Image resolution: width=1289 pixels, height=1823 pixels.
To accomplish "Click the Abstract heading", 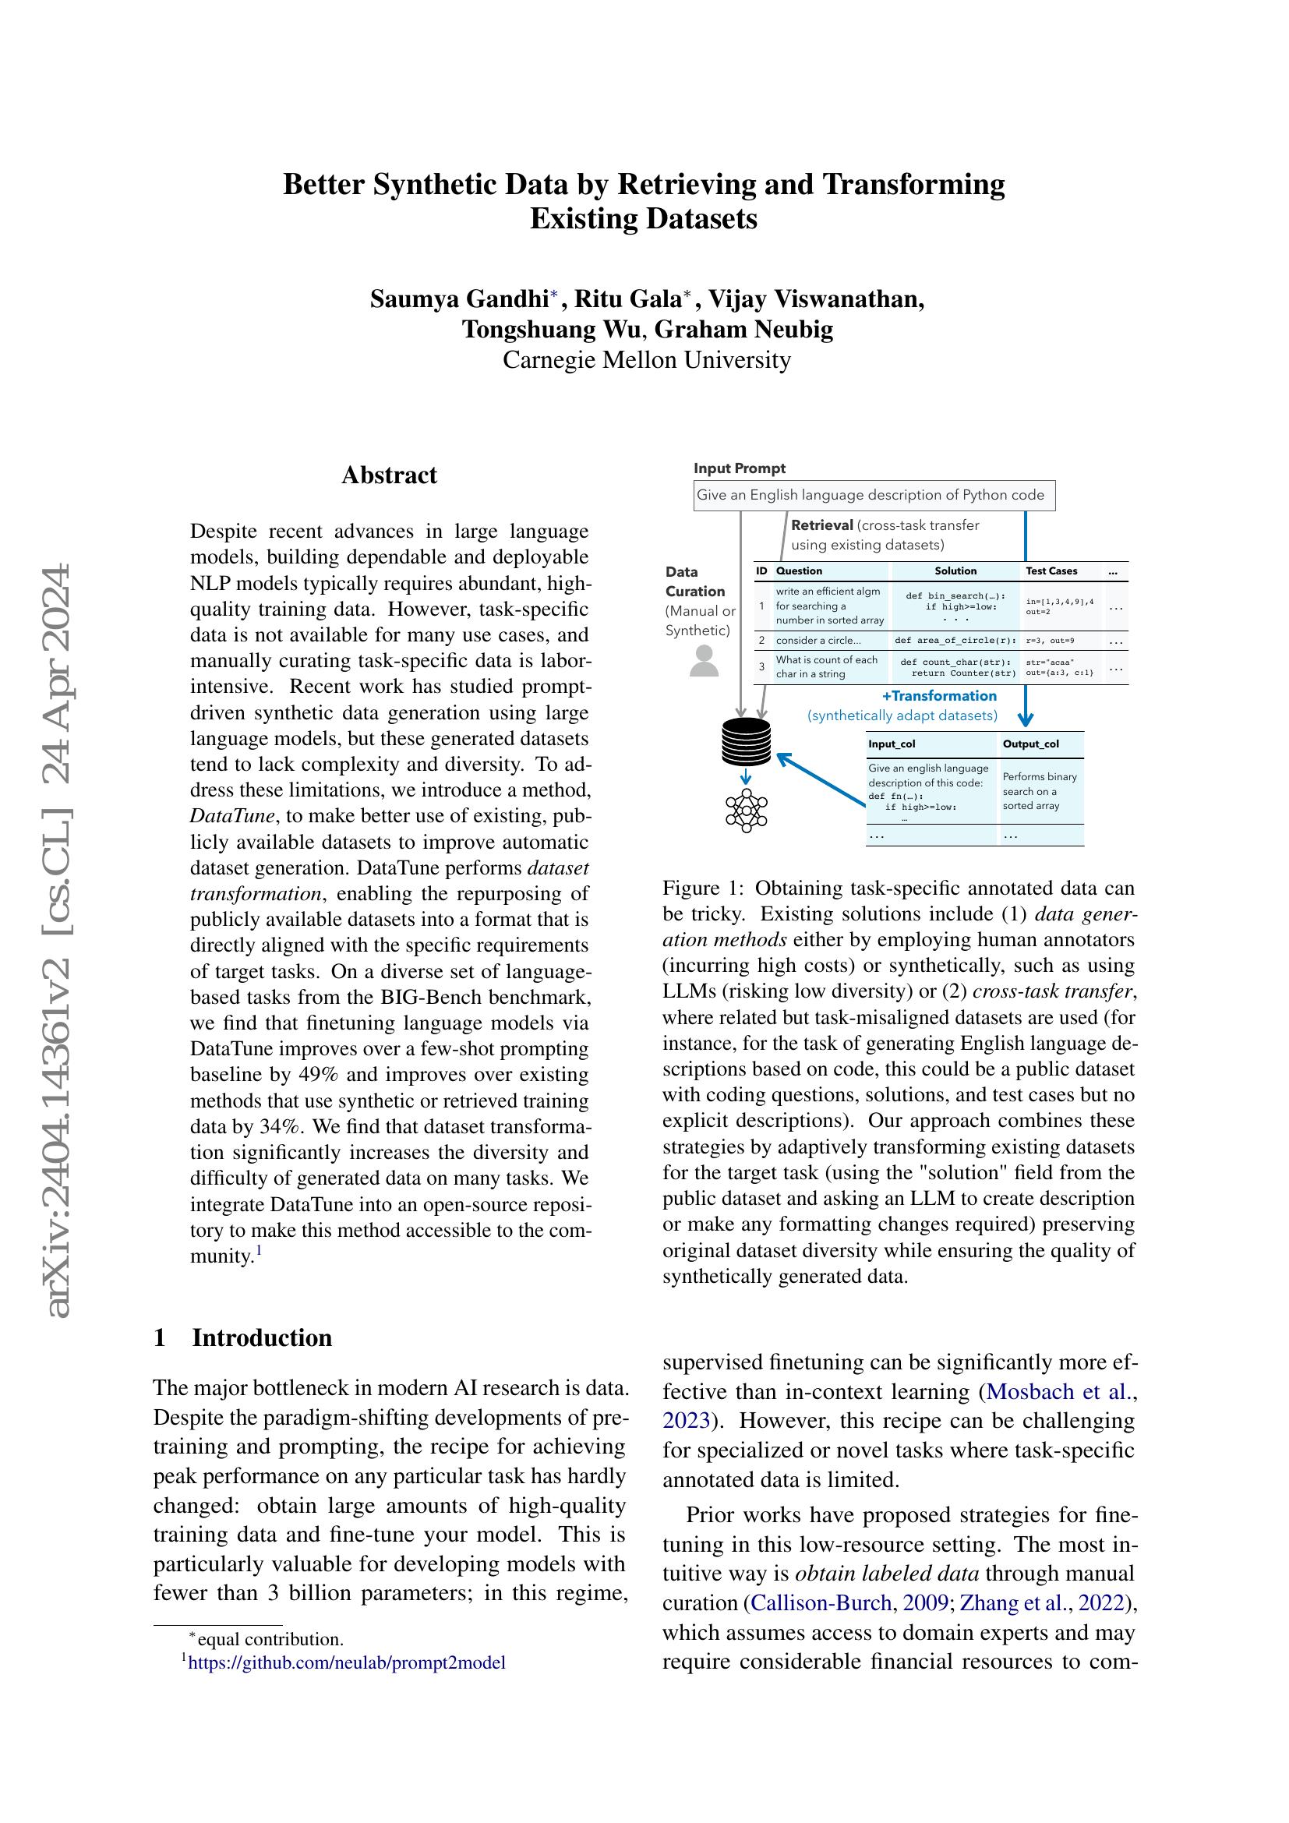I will pos(389,475).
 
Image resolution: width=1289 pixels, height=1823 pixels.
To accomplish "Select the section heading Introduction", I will pos(262,1337).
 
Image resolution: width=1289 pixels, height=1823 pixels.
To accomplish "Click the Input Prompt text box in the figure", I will pos(873,495).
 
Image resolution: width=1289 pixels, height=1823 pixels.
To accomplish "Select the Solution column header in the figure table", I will pos(955,571).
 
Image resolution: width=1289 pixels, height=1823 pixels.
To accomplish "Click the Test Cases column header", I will pos(1051,571).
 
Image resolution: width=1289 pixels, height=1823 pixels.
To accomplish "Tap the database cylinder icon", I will pos(746,740).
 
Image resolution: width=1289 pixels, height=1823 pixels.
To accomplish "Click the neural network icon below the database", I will pos(746,810).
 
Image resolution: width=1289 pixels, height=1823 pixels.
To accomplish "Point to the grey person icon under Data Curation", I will pos(704,662).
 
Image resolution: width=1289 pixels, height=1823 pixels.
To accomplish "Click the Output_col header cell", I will pos(1030,744).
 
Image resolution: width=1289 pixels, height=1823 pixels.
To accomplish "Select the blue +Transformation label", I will pos(939,695).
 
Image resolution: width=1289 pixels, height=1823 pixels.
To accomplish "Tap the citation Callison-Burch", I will pos(821,1603).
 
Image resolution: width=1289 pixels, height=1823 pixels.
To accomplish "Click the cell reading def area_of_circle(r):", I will pos(955,640).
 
